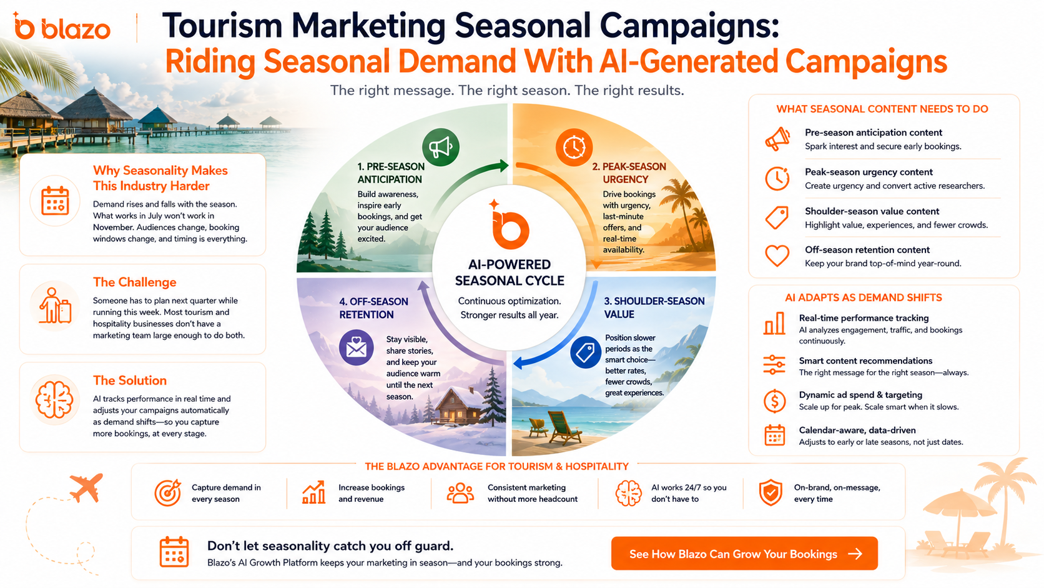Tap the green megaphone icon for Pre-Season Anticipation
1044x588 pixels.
[x=440, y=147]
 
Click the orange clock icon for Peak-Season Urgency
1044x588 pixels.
[x=574, y=147]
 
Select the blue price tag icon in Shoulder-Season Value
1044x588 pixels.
[x=586, y=352]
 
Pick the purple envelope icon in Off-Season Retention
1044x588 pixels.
[x=356, y=347]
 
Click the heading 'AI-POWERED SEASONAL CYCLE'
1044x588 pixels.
[x=510, y=272]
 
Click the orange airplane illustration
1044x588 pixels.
[x=87, y=487]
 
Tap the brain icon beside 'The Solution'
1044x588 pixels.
[x=54, y=400]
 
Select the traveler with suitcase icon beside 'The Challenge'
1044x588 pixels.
[x=55, y=306]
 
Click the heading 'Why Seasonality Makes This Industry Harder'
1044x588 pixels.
[x=160, y=178]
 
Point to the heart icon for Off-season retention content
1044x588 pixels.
[x=777, y=256]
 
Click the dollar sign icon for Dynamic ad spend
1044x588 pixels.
[x=775, y=401]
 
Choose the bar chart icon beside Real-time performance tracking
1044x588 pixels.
[x=774, y=323]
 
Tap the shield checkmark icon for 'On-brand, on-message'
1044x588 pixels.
[x=771, y=493]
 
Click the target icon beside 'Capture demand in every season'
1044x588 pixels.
[x=168, y=492]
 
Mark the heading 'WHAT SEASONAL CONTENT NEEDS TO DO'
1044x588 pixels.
[x=882, y=109]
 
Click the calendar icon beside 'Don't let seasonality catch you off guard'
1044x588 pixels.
[x=174, y=552]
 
